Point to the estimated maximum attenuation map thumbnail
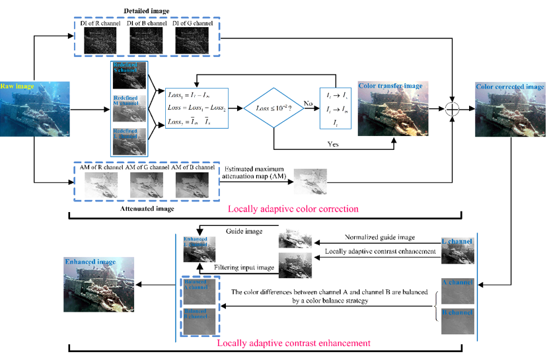[310, 181]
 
